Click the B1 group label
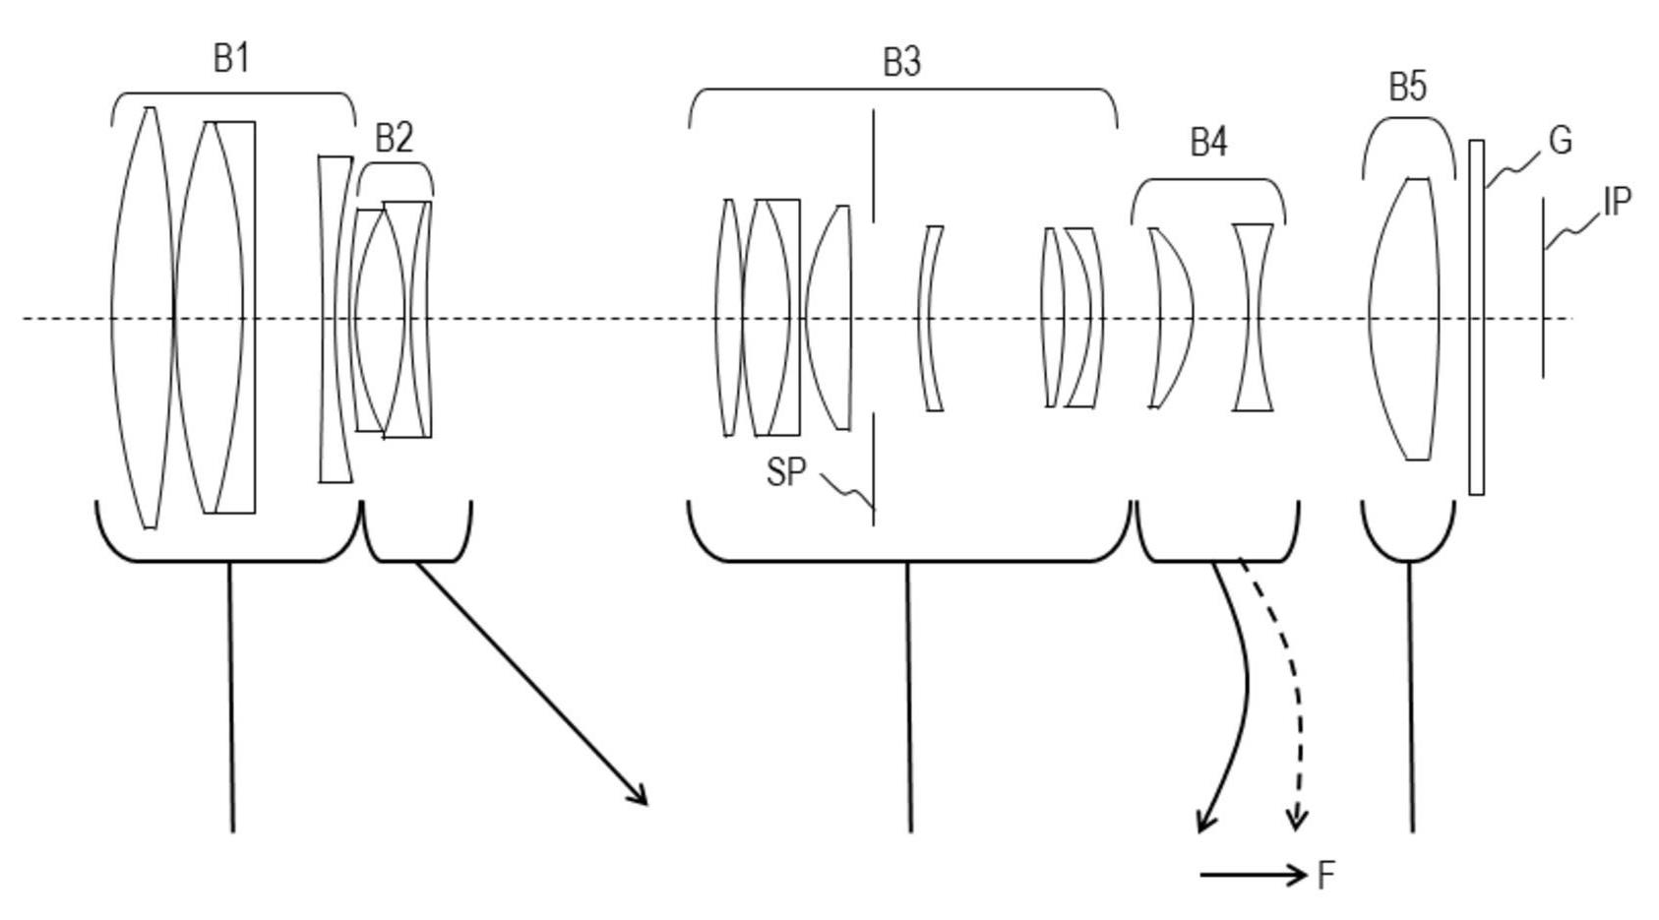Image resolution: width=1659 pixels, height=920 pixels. pos(231,58)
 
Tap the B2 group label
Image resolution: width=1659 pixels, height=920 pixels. pos(394,138)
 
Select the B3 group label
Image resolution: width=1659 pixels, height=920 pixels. pos(902,63)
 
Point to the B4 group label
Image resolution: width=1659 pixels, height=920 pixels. pos(1208,143)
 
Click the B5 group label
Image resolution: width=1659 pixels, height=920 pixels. pos(1407,87)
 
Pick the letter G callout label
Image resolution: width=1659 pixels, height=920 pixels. pos(1561,140)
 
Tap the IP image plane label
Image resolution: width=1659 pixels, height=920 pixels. pos(1617,202)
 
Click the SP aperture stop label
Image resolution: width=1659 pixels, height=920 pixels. pos(786,472)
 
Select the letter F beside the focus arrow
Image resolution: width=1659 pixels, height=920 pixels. pos(1325,876)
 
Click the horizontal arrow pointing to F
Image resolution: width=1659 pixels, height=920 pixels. pos(1254,875)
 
